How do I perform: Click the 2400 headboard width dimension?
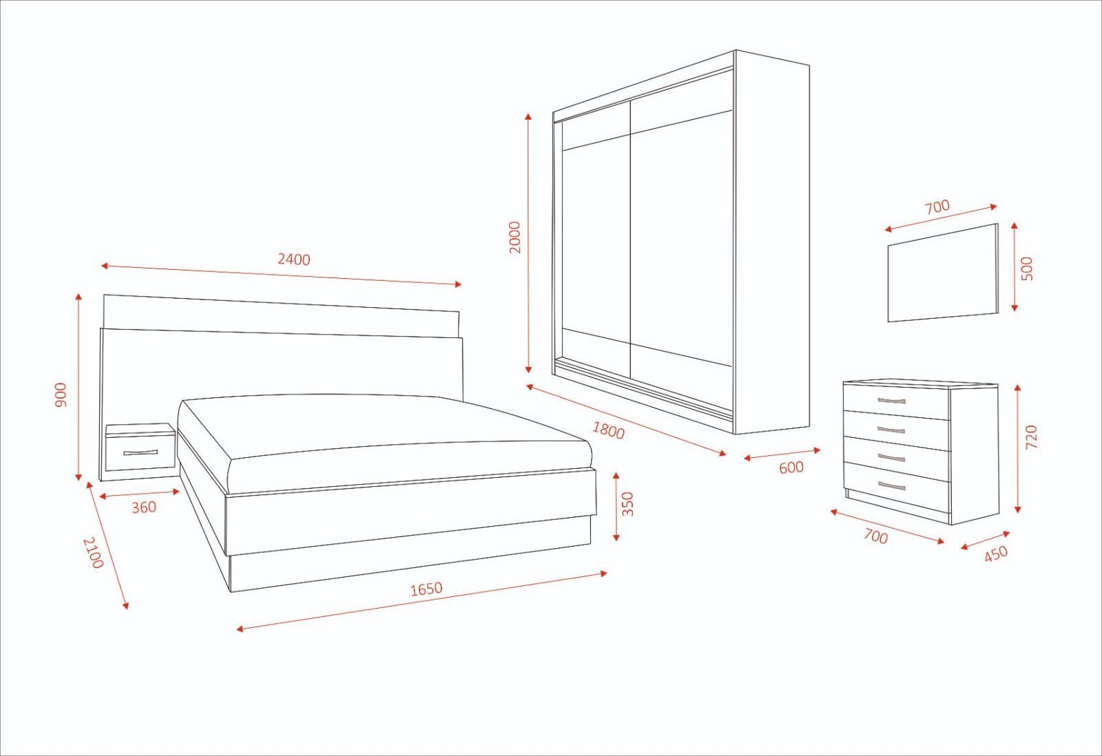294,260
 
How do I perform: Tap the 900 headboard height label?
61,395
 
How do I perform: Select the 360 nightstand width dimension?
144,507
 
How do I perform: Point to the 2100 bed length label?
93,552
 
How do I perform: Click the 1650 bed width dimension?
426,589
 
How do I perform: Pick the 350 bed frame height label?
627,504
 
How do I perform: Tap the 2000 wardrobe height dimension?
515,237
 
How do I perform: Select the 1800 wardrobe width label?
609,430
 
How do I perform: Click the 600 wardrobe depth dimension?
791,468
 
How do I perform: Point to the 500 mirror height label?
1027,268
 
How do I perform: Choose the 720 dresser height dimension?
1031,437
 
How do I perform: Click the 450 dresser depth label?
996,553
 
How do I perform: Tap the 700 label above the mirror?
937,207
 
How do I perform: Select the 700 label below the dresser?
876,536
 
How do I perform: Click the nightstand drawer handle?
141,453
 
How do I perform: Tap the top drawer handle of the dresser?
892,401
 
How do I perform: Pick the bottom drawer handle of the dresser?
892,486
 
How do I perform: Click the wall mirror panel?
942,273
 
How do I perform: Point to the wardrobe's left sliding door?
594,241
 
